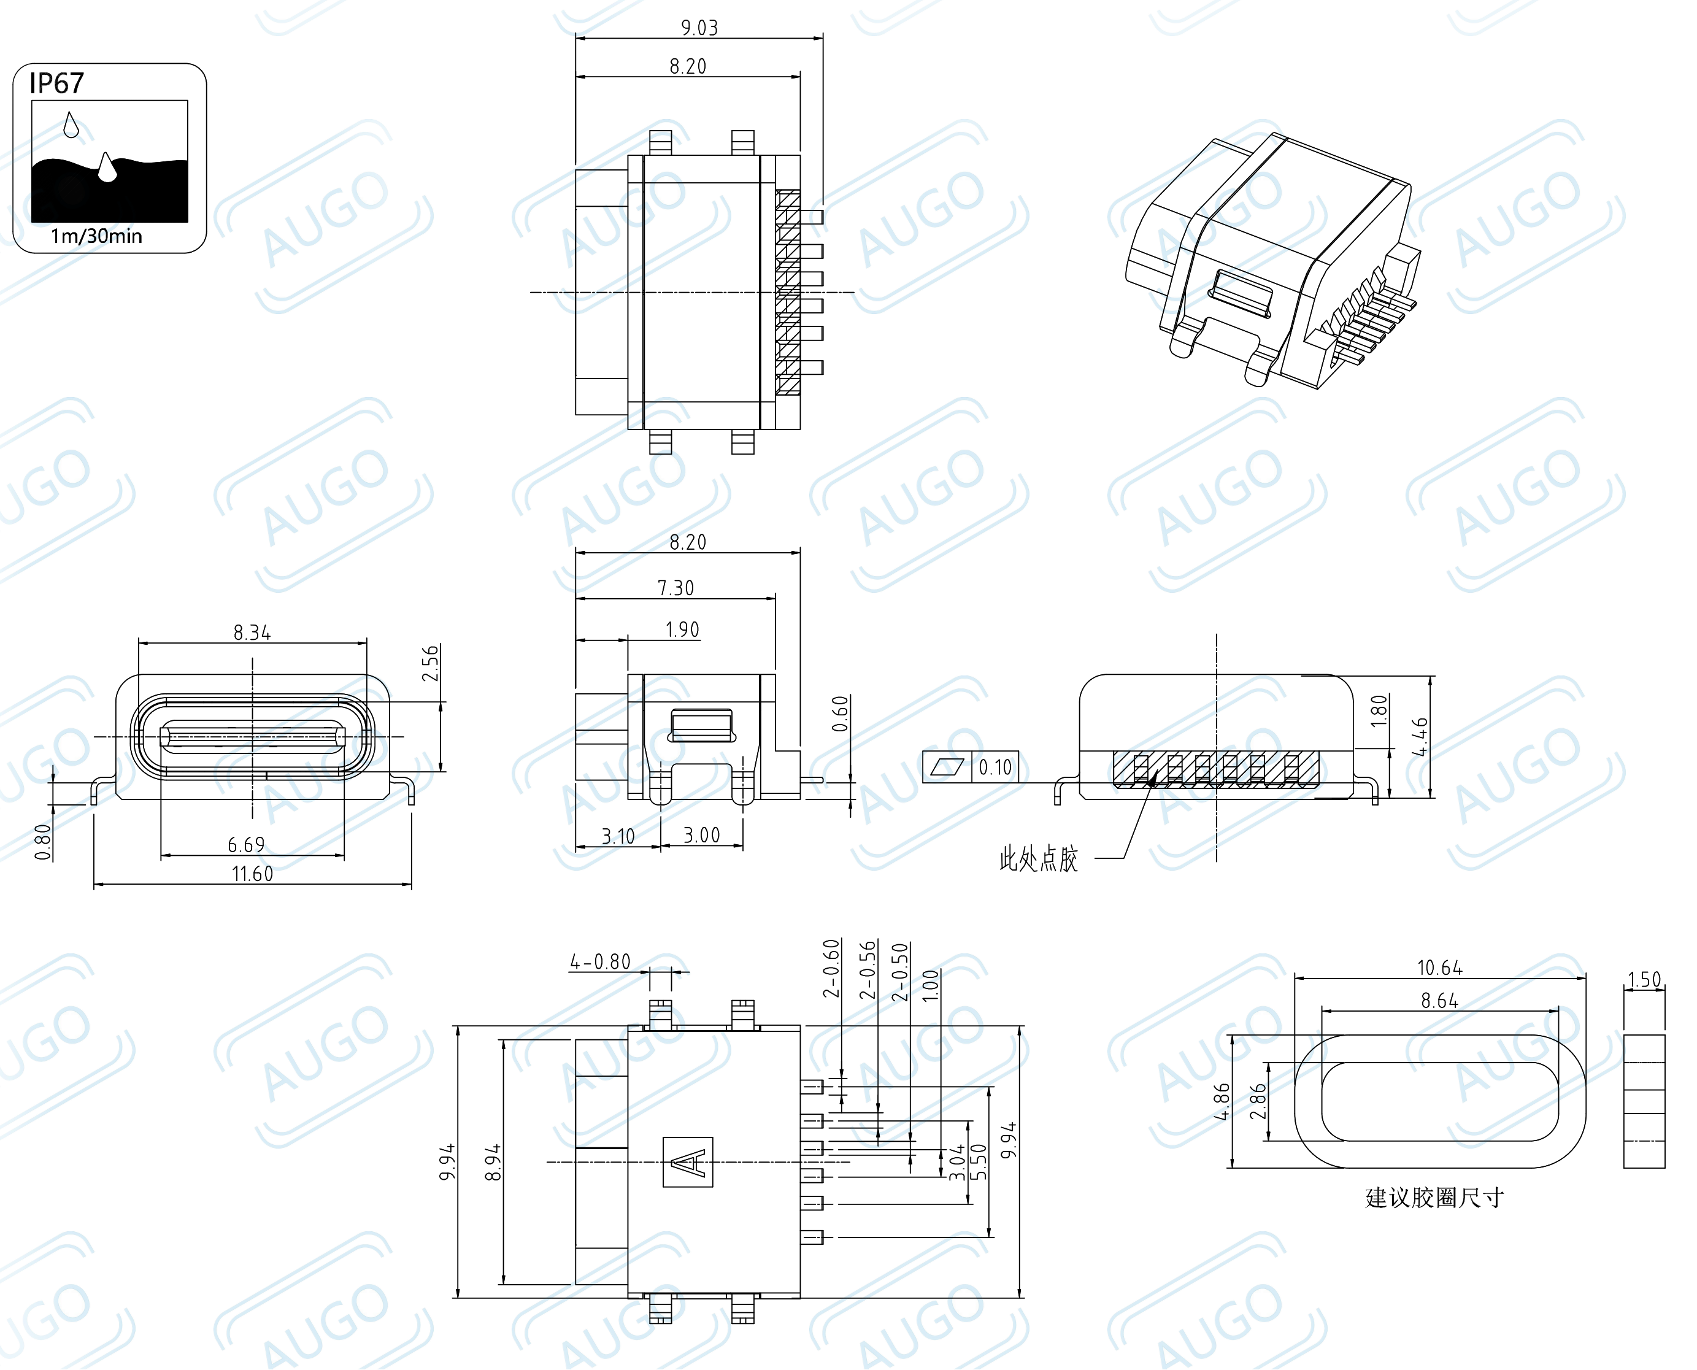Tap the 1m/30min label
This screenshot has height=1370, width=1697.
click(96, 236)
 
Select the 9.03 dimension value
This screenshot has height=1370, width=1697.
click(699, 28)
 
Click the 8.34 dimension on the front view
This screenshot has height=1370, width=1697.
click(252, 632)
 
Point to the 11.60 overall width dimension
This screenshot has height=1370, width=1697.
click(252, 874)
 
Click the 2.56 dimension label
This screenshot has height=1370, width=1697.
click(430, 663)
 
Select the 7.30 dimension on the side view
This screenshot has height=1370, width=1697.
click(675, 588)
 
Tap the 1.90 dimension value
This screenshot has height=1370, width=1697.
click(682, 629)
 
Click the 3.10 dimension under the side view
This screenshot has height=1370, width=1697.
click(618, 836)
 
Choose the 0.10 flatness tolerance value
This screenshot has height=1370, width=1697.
click(995, 767)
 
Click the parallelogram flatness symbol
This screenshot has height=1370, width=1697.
click(947, 767)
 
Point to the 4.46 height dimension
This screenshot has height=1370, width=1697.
click(1419, 736)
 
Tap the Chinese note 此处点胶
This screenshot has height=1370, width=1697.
click(1039, 858)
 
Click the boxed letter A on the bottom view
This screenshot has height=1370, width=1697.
click(688, 1161)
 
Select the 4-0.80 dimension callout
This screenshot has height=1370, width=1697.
click(600, 961)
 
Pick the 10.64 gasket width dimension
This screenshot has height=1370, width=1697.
click(1440, 968)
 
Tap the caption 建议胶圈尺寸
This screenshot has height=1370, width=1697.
click(1434, 1198)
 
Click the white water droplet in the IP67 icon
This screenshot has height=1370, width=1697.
click(107, 167)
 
